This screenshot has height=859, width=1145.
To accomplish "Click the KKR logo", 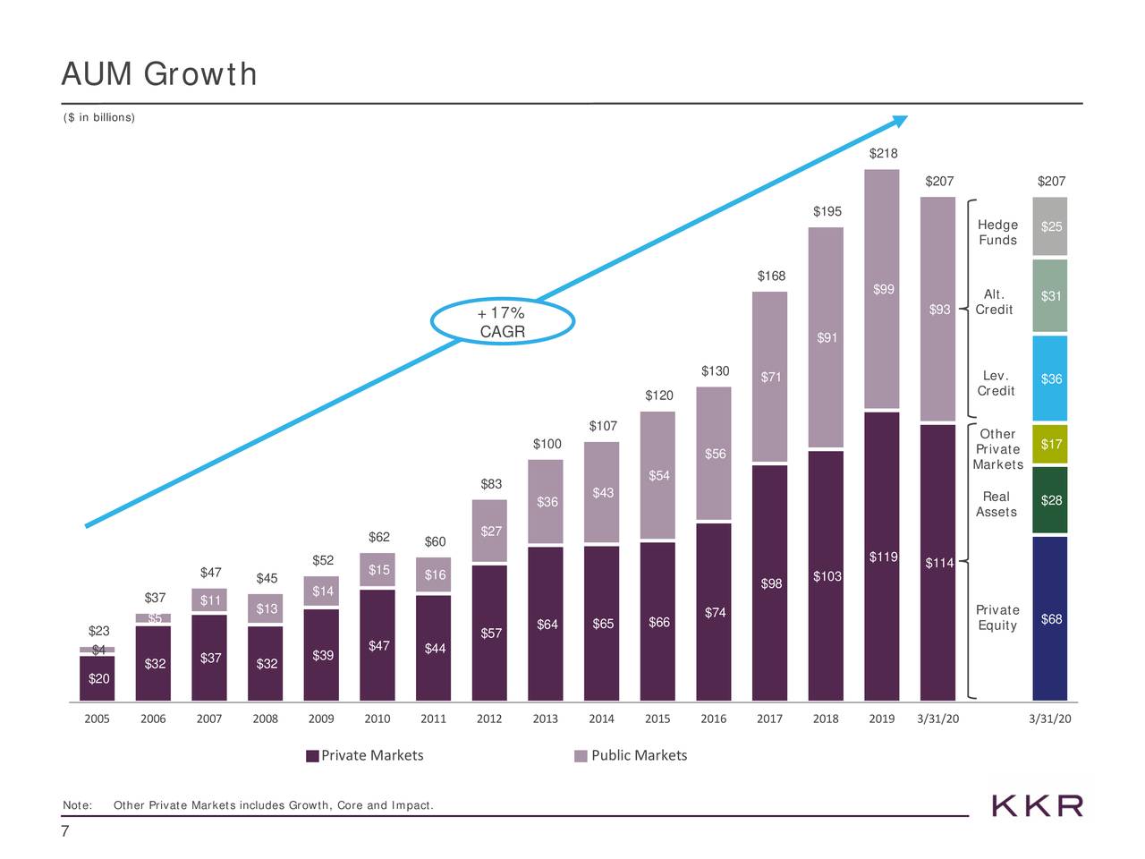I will tap(1038, 805).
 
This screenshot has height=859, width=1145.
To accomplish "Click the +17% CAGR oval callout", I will tap(502, 323).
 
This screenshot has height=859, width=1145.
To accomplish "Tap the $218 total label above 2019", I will tap(883, 154).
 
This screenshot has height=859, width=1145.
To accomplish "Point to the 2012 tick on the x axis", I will tap(489, 719).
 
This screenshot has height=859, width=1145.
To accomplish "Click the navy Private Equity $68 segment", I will tap(1050, 617).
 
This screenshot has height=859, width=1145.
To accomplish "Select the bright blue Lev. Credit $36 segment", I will tap(1050, 378).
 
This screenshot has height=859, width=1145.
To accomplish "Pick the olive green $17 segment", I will tap(1050, 444).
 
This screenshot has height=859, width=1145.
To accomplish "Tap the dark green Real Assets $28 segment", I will tap(1050, 499).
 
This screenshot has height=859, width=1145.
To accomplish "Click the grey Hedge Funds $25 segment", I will tap(1050, 226).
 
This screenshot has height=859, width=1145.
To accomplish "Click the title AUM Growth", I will tap(159, 73).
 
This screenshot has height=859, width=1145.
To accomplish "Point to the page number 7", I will tap(65, 832).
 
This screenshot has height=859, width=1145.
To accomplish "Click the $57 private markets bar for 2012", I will tap(490, 633).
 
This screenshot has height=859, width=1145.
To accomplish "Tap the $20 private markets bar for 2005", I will tap(98, 678).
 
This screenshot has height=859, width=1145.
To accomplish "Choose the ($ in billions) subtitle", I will tap(99, 118).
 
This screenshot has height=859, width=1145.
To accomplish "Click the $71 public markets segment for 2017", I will tap(770, 377).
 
